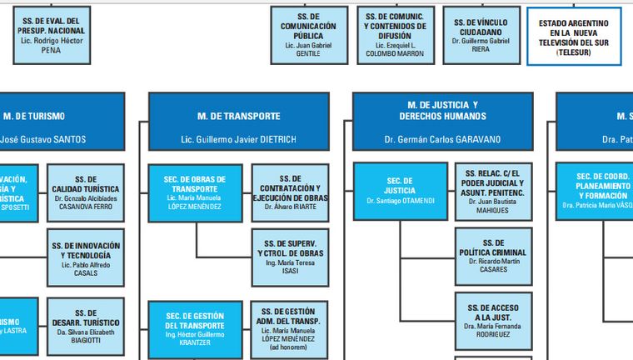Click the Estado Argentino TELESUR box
(x=575, y=36)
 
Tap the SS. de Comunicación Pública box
(x=308, y=35)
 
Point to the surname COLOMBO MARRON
(x=395, y=53)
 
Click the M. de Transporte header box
(x=238, y=116)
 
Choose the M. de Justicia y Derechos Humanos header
(x=442, y=110)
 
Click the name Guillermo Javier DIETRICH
(x=238, y=138)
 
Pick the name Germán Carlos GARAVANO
(x=442, y=138)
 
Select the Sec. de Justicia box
(x=401, y=191)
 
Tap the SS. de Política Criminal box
(x=493, y=255)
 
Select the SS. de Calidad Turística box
(x=86, y=192)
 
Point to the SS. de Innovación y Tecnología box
(x=86, y=256)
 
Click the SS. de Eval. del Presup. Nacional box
(x=52, y=35)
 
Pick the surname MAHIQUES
(x=493, y=210)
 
